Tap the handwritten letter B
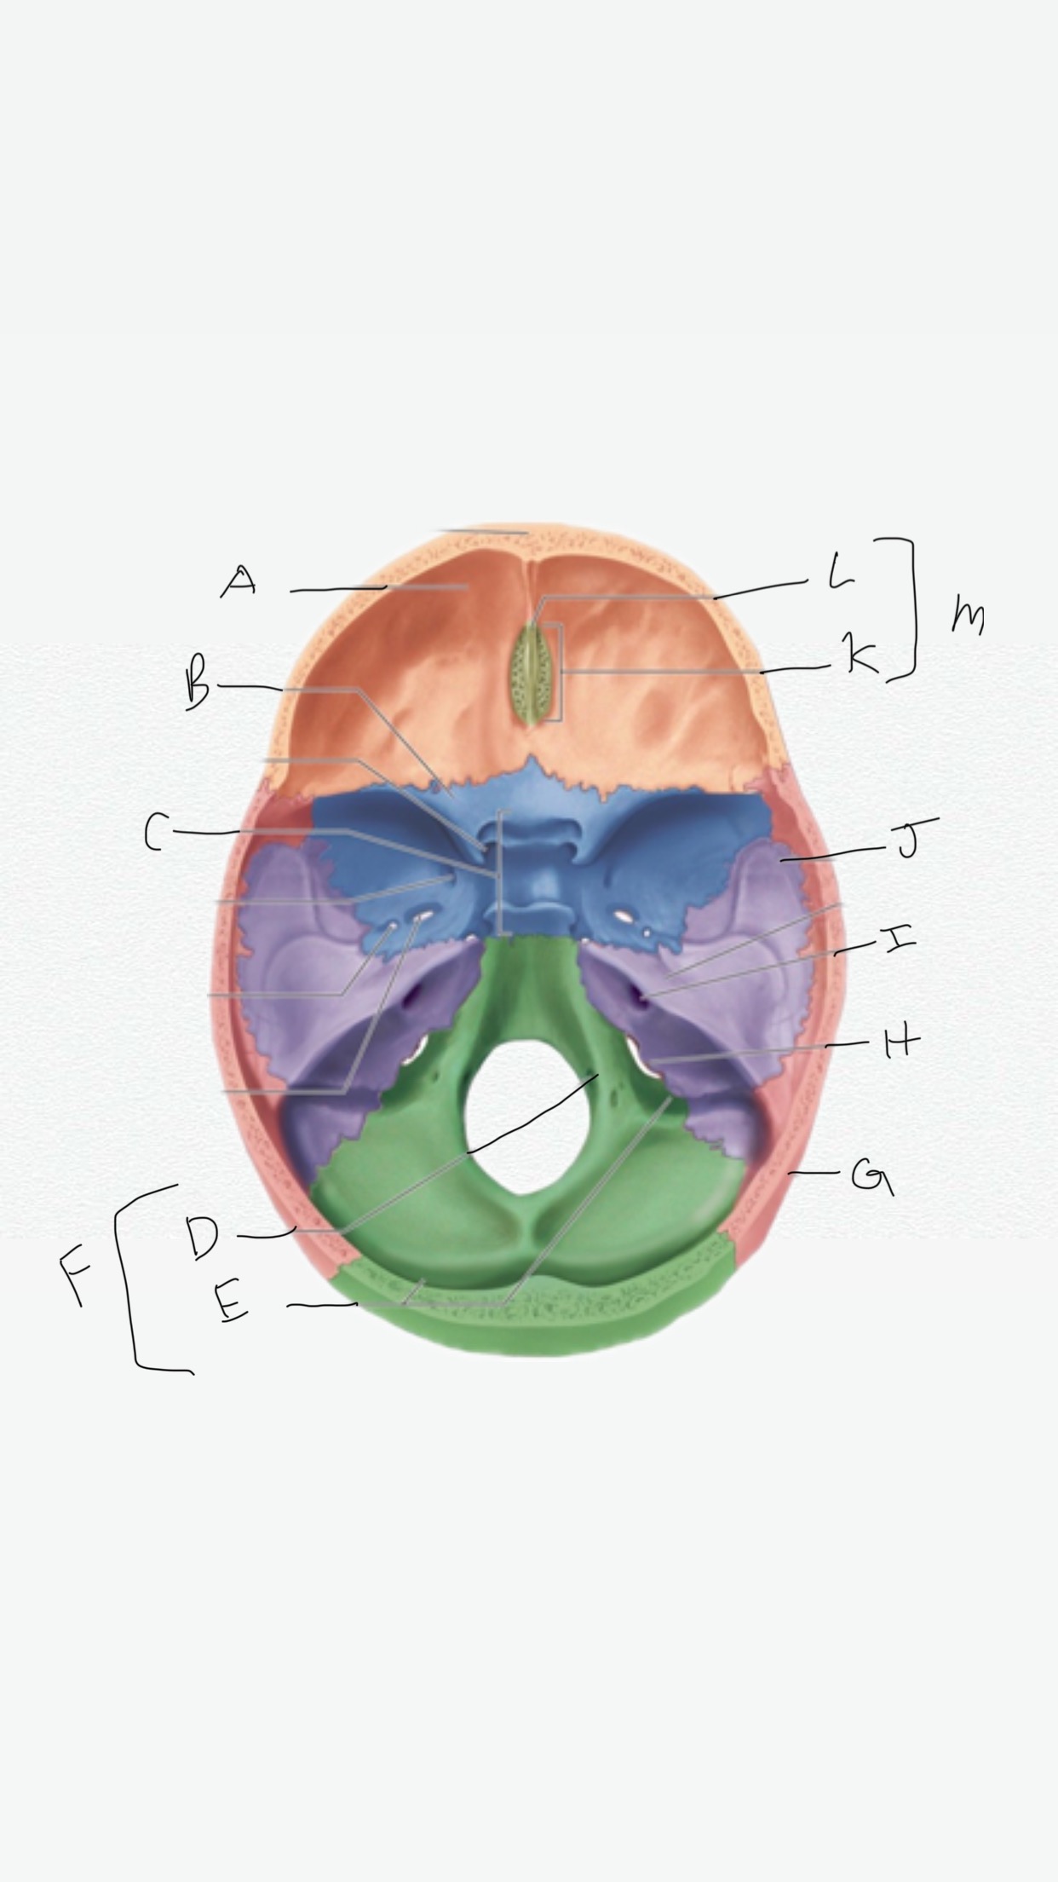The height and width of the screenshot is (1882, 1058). point(198,687)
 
